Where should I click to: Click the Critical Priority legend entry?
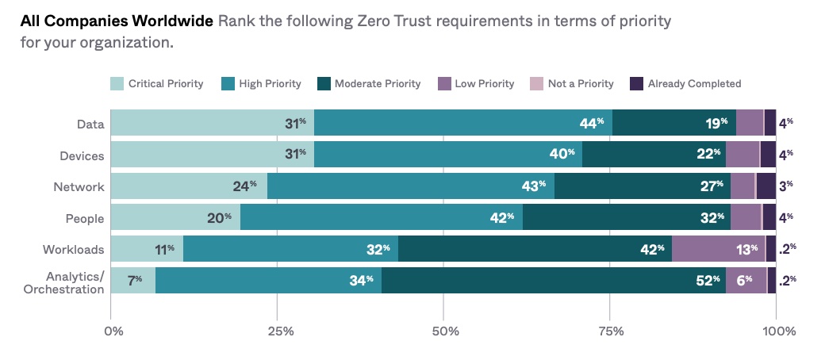[157, 83]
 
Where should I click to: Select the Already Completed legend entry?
[685, 83]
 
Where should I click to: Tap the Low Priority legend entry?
[476, 83]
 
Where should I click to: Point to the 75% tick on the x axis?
[611, 330]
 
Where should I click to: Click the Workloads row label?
[73, 250]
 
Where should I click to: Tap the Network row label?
[80, 186]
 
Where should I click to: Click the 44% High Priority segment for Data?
[463, 123]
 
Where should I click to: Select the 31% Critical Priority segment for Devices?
[212, 155]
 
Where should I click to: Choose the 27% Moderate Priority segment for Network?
[643, 186]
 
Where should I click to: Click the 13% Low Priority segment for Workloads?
[719, 249]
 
